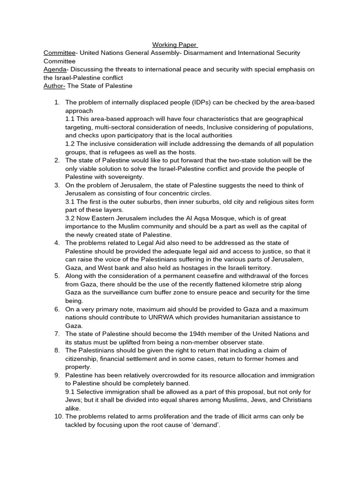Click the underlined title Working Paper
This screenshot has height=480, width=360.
(175, 45)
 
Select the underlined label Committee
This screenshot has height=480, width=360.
(60, 53)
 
